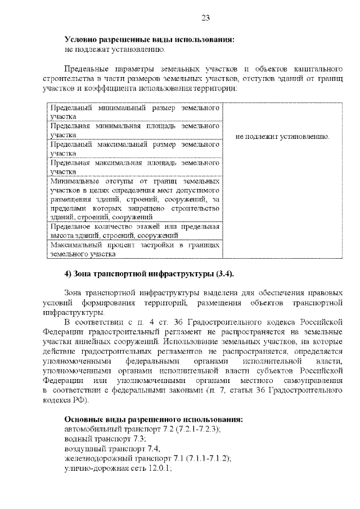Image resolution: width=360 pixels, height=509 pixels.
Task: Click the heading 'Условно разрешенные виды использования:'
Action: [150, 40]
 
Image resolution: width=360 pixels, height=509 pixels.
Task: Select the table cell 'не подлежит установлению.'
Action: [283, 137]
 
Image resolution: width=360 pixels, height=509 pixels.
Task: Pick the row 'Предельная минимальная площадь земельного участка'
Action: [134, 130]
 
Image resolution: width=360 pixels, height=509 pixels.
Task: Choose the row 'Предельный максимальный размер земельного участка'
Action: [134, 148]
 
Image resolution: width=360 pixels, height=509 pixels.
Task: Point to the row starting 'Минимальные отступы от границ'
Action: [134, 200]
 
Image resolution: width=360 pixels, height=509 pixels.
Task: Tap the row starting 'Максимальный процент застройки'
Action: [134, 250]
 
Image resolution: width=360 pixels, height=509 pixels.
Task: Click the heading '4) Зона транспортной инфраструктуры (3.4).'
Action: [149, 274]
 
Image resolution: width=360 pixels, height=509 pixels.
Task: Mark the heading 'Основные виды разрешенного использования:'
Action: [154, 420]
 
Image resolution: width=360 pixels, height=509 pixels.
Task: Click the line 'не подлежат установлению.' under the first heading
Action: [115, 49]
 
